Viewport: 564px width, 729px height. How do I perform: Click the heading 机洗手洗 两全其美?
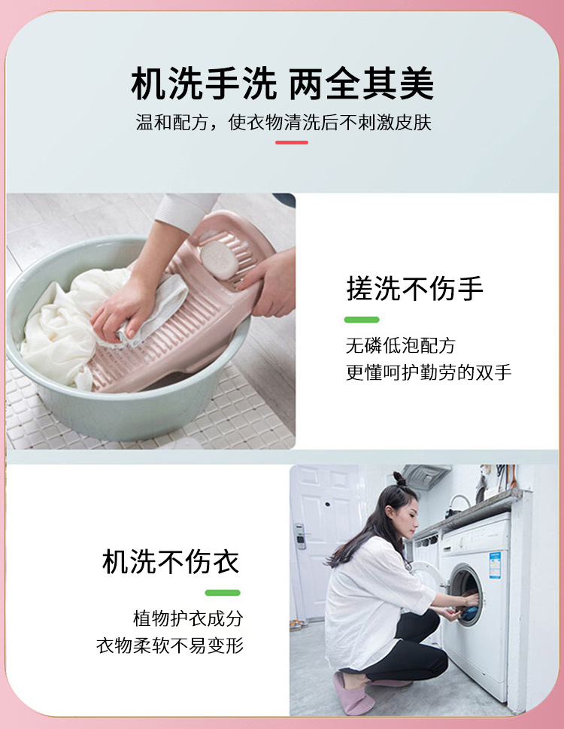click(x=283, y=84)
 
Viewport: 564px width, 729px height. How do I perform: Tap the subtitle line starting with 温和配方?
click(x=284, y=123)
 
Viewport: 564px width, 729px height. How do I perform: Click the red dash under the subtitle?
click(x=292, y=142)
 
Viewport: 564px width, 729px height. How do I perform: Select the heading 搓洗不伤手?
click(x=414, y=288)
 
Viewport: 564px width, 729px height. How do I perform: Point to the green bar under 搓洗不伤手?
click(x=362, y=320)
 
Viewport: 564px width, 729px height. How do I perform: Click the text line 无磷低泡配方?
click(x=401, y=345)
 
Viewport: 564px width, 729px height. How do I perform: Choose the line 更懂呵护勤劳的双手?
click(x=429, y=372)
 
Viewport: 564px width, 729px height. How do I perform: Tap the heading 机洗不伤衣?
click(x=171, y=562)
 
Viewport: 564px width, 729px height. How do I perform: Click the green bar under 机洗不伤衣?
click(x=223, y=592)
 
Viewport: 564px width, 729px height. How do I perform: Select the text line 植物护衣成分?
click(x=188, y=618)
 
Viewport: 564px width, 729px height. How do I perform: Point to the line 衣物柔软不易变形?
click(x=170, y=645)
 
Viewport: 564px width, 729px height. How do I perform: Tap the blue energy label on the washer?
click(x=495, y=565)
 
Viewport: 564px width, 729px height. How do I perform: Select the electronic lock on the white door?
click(x=301, y=536)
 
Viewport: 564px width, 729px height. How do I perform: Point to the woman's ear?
click(x=390, y=512)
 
